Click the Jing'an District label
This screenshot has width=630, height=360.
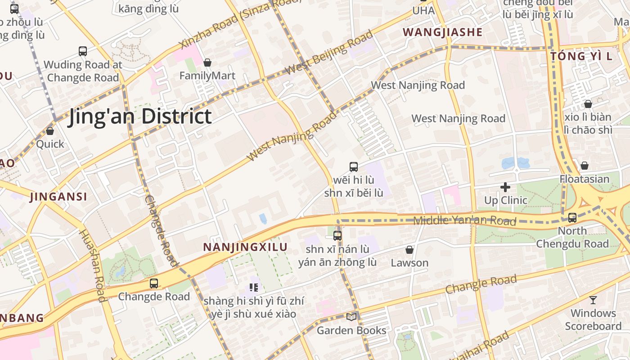point(139,117)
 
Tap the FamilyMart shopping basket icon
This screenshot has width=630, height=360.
point(207,63)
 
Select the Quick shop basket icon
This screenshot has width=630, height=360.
point(50,131)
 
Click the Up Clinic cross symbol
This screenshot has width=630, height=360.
point(505,187)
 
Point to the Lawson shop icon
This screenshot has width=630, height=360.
point(409,250)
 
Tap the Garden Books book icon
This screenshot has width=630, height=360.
point(351,317)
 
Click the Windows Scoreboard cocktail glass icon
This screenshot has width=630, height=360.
point(593,300)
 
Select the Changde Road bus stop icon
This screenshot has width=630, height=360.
point(154,283)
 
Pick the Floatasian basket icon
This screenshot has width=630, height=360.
point(584,166)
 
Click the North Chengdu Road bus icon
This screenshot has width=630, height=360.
point(572,218)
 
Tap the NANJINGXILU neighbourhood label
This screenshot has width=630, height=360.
point(245,247)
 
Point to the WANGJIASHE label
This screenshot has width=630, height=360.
point(442,32)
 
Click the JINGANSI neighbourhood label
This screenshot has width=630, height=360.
point(58,197)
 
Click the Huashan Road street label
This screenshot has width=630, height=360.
point(92,265)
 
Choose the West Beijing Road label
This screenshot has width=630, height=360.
point(329,53)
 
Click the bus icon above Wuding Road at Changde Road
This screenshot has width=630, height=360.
point(83,51)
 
